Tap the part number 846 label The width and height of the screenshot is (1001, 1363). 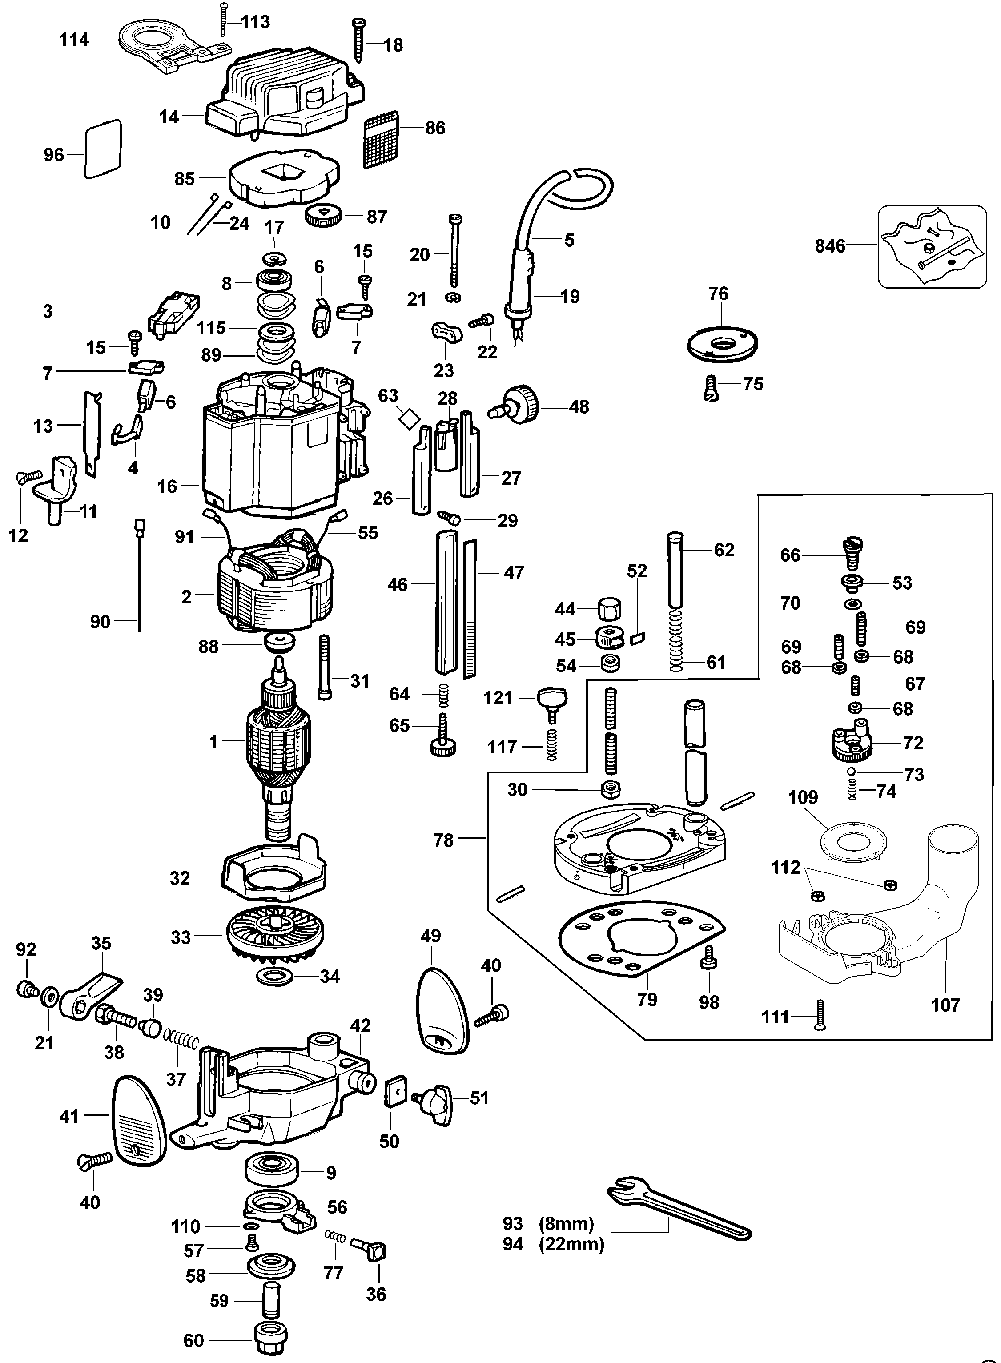pyautogui.click(x=829, y=246)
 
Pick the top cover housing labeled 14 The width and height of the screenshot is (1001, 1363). pyautogui.click(x=285, y=100)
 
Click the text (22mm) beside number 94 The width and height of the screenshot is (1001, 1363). pyautogui.click(x=571, y=1244)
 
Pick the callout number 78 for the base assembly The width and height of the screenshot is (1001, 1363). pyautogui.click(x=443, y=841)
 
